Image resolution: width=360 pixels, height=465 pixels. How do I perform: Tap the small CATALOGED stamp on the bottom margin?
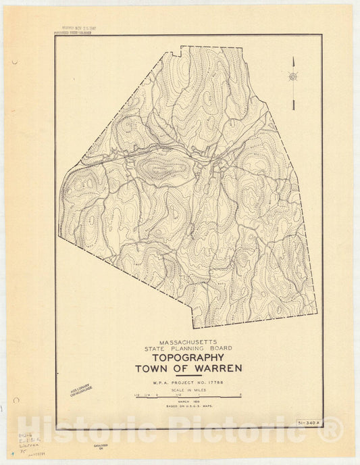click(x=98, y=447)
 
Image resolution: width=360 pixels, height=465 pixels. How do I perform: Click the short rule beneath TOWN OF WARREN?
click(x=188, y=376)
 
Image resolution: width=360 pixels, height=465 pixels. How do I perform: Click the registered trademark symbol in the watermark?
click(x=332, y=427)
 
